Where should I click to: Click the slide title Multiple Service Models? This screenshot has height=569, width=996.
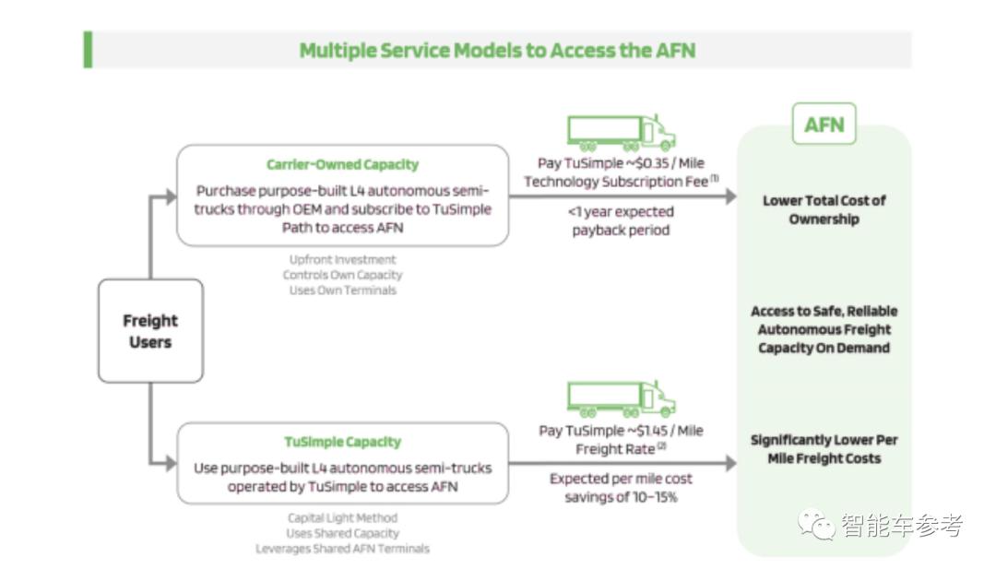(x=497, y=50)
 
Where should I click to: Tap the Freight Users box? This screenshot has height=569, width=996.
(x=150, y=331)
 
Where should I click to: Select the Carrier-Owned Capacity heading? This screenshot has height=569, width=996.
(x=342, y=165)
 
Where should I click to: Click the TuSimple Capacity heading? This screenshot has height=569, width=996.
(x=342, y=443)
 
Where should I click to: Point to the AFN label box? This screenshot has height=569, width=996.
(x=824, y=124)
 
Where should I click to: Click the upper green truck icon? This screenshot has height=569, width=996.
(x=621, y=133)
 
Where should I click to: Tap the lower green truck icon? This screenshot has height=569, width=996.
(x=621, y=399)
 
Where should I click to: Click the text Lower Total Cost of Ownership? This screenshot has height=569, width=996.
(x=824, y=210)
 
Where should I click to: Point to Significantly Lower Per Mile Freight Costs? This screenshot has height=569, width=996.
(x=824, y=449)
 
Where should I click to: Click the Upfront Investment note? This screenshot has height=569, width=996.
(x=342, y=260)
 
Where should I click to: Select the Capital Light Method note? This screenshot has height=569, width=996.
(x=342, y=518)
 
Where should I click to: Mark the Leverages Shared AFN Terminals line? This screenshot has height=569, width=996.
(x=342, y=549)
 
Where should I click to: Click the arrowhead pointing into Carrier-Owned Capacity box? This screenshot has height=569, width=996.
(x=169, y=196)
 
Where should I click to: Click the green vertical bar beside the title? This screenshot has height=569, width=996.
(x=88, y=50)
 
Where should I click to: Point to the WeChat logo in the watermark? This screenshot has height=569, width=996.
(x=816, y=526)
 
